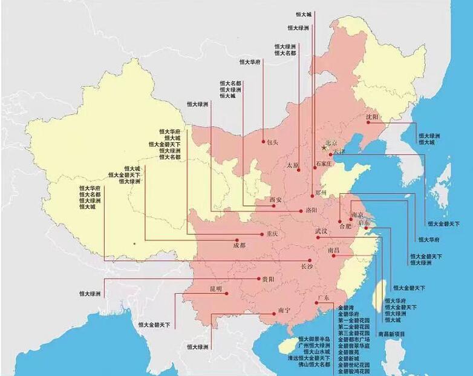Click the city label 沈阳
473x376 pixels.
tap(372, 116)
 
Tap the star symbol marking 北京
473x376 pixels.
tap(324, 147)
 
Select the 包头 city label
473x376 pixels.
tap(272, 142)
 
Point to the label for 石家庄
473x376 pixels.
tap(324, 163)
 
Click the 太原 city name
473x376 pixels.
tap(293, 164)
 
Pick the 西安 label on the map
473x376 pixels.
tap(276, 199)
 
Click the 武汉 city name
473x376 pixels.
tap(321, 231)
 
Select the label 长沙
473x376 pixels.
tap(307, 266)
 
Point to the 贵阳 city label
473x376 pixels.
tap(268, 279)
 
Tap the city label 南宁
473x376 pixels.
tap(285, 311)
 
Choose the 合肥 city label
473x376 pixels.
tap(345, 226)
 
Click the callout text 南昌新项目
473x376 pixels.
tap(391, 334)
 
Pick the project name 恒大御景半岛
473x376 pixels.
tap(314, 338)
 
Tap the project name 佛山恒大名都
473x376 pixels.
tap(314, 364)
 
